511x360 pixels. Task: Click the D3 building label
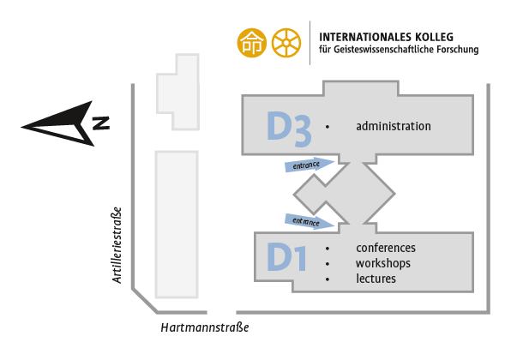click(x=289, y=129)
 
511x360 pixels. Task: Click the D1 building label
click(x=286, y=257)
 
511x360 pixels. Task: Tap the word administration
click(x=394, y=126)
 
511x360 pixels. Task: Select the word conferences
click(x=386, y=248)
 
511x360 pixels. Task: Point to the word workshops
click(x=383, y=263)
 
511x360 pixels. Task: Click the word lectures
click(x=376, y=279)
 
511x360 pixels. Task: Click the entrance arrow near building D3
click(x=310, y=165)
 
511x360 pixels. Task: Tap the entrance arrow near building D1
click(x=310, y=221)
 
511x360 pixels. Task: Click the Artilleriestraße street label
click(x=117, y=245)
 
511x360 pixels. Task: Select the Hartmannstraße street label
click(x=205, y=327)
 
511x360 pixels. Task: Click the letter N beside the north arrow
click(x=100, y=123)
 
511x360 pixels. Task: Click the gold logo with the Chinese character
click(x=251, y=43)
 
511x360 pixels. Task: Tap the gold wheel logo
click(x=286, y=43)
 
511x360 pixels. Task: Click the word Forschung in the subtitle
click(x=458, y=50)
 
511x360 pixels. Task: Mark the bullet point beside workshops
click(x=328, y=264)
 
